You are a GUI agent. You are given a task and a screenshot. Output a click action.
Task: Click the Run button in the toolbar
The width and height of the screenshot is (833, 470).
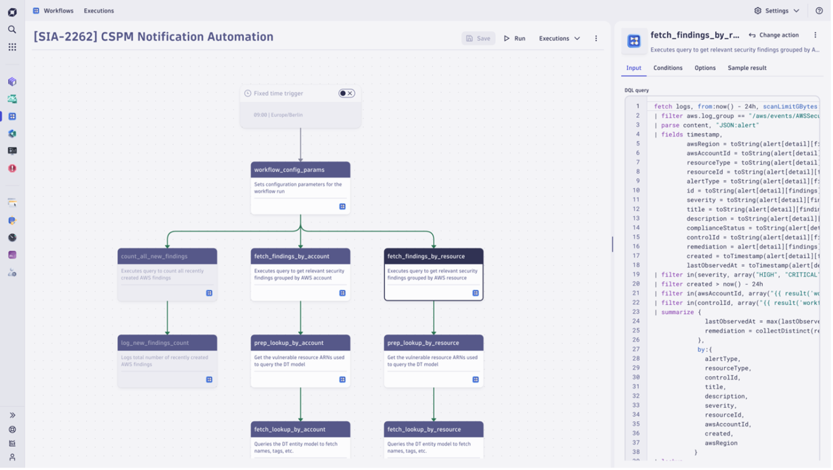tap(515, 38)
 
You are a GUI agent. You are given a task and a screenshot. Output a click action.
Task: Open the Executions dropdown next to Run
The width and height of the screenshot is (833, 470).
tap(559, 38)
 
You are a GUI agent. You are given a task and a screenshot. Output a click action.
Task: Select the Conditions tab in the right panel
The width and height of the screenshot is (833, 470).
tap(668, 68)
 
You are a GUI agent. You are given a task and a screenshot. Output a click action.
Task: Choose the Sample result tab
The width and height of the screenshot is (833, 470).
tap(747, 68)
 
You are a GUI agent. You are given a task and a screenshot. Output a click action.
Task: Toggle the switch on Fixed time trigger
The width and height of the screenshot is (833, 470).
tap(346, 93)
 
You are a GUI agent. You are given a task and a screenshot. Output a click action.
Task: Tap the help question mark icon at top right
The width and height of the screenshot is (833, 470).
tap(819, 11)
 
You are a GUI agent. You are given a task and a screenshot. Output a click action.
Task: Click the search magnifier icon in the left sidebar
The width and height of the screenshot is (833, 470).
tap(12, 29)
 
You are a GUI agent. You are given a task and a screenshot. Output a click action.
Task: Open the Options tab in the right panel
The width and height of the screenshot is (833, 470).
tap(705, 68)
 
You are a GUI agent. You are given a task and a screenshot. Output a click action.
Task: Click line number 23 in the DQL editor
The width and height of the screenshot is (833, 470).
tap(636, 312)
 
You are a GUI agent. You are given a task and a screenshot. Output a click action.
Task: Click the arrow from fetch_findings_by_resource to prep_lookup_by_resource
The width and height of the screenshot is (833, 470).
tap(433, 317)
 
